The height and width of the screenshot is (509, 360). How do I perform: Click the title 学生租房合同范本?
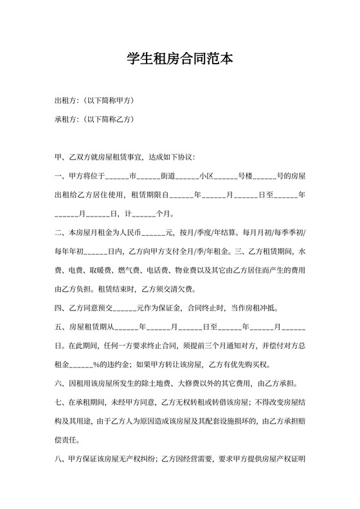pos(179,59)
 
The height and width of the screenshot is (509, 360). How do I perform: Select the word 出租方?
pos(66,101)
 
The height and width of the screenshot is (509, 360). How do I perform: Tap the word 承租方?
pos(66,120)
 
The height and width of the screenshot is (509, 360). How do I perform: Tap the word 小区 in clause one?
pos(206,175)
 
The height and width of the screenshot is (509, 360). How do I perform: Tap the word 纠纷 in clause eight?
pos(146,460)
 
